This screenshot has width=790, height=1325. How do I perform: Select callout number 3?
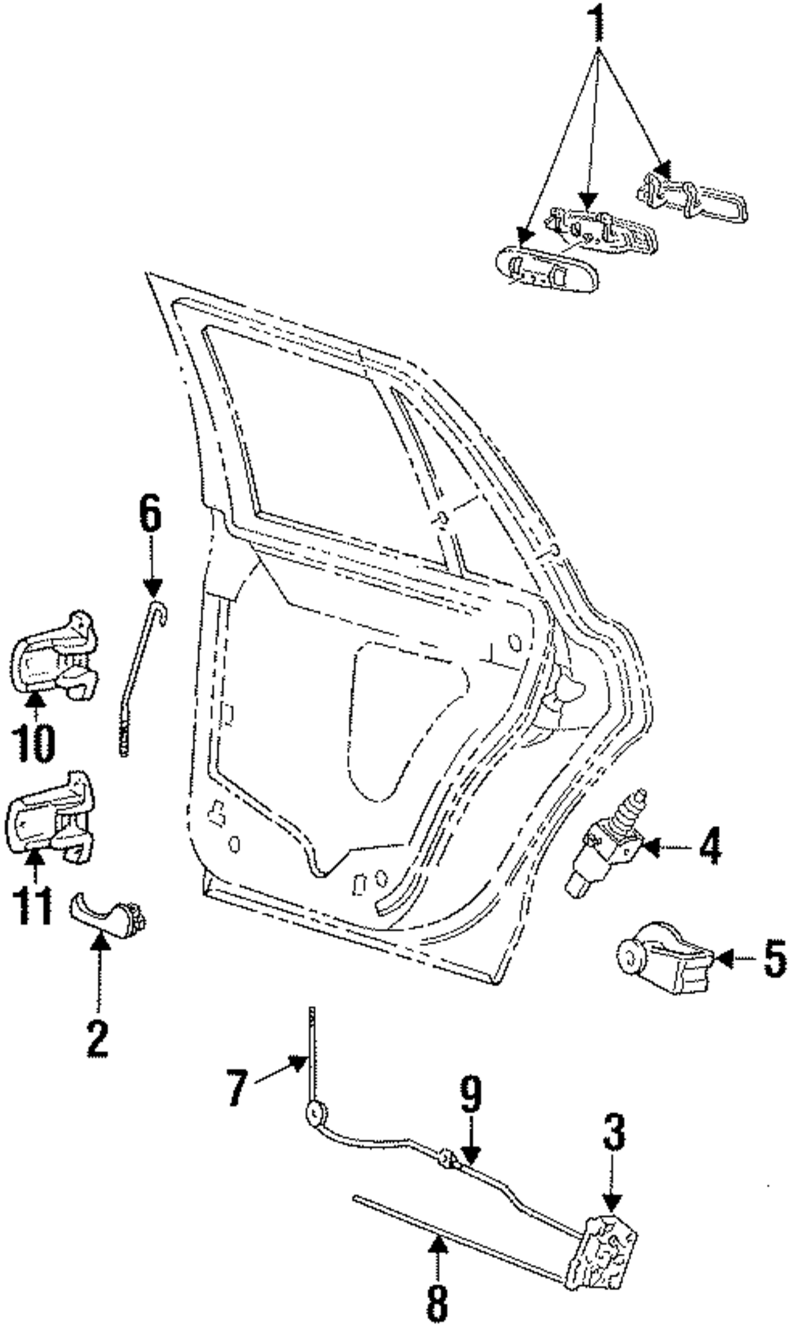coord(614,1135)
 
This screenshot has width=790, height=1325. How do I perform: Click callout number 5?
coord(774,960)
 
